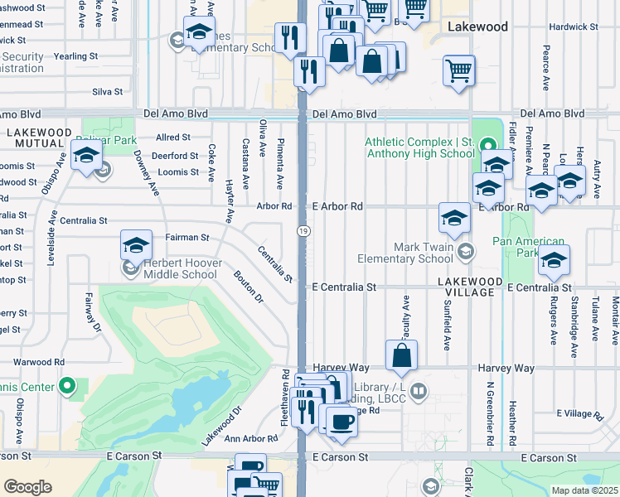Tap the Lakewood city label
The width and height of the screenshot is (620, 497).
point(477,27)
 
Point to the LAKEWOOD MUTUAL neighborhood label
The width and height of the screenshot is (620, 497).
point(39,139)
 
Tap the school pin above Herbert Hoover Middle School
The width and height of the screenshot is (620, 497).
point(136,245)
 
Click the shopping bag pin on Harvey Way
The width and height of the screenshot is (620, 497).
point(401,356)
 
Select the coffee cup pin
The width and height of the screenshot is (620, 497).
point(341,421)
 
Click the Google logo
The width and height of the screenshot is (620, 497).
point(27,487)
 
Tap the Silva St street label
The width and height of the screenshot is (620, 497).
point(108,92)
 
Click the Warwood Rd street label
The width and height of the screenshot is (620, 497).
point(39,362)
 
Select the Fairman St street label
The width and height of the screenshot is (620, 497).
point(187,237)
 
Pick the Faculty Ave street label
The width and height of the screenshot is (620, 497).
point(406,319)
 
